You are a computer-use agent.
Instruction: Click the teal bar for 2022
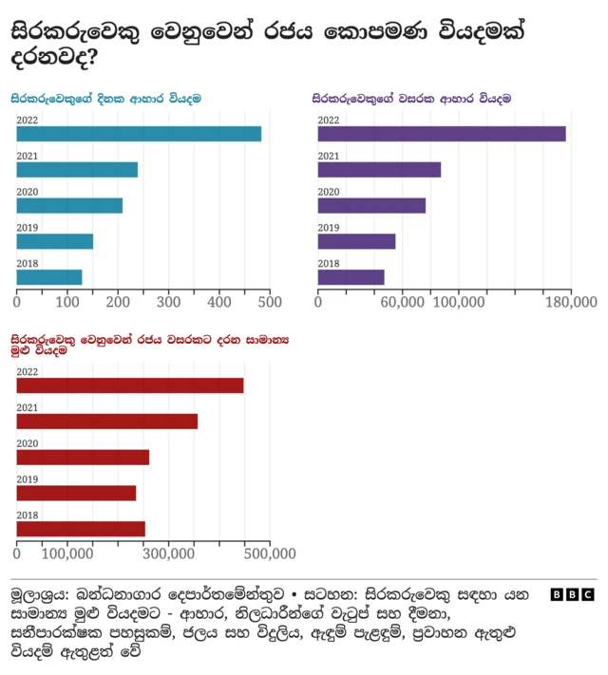point(139,134)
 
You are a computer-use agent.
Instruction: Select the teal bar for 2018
point(49,277)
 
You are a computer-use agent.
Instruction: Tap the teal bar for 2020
point(69,205)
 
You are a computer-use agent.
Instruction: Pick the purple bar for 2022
point(441,134)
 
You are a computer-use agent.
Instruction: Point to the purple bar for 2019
point(356,241)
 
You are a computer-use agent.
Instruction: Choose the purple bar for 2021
point(379,170)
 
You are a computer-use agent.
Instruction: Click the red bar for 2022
point(130,385)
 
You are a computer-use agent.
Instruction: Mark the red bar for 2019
point(76,493)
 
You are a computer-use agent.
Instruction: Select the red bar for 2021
point(107,421)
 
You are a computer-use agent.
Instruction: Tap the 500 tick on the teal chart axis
point(270,302)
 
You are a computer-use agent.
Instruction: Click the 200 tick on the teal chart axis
point(118,302)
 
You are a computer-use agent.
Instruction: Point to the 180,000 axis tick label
point(570,302)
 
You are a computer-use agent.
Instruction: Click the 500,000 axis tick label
point(269,553)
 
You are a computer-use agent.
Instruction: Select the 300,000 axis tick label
point(194,553)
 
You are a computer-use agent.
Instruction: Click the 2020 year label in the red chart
point(28,443)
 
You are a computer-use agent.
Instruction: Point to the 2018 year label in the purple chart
point(329,264)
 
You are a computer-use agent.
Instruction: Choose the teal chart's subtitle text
point(105,98)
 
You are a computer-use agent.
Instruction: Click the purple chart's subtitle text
point(411,98)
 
